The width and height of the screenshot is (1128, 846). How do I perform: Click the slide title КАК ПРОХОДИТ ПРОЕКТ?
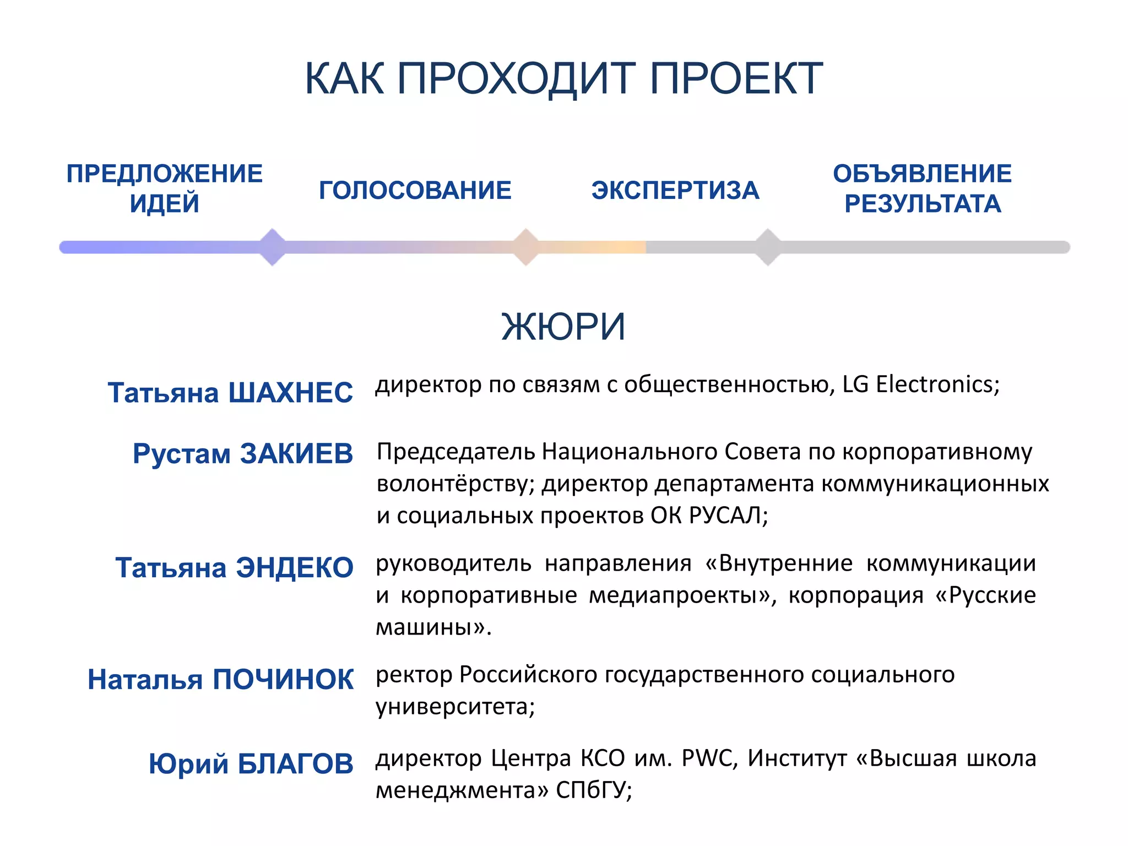563,79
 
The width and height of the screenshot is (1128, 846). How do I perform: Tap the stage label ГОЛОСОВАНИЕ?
415,191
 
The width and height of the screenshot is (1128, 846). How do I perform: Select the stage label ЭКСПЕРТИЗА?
675,191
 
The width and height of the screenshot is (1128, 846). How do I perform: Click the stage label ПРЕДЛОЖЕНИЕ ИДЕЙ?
164,188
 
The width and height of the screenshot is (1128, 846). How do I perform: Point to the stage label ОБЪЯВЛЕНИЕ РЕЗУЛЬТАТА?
922,188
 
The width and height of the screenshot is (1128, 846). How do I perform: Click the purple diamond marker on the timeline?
272,247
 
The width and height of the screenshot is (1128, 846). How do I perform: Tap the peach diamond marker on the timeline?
526,247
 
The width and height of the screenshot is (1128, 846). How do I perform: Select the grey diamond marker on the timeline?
768,247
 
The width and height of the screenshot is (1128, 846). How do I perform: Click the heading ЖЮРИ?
563,327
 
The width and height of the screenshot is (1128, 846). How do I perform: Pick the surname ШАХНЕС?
290,393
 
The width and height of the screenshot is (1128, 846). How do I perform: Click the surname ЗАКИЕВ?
296,454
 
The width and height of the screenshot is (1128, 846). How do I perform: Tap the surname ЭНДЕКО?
294,568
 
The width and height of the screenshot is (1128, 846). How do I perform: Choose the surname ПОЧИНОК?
283,680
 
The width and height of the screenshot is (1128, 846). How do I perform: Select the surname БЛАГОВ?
295,764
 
